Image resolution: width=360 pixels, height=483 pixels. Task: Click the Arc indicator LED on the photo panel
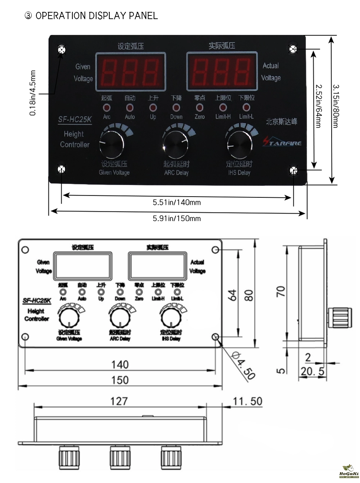coord(107,108)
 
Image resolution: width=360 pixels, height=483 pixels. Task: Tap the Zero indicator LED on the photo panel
coord(199,108)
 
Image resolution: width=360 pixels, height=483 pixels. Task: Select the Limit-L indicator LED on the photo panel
coord(246,108)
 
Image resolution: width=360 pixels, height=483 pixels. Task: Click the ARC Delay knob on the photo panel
coord(175,143)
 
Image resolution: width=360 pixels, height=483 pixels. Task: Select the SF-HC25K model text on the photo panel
coord(75,120)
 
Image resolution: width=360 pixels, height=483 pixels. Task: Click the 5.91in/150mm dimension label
coord(177,218)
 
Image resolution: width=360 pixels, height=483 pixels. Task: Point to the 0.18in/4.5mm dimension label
coord(33,93)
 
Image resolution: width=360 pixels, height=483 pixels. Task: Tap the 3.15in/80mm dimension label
coord(336,106)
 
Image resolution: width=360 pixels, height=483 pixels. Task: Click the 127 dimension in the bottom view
coord(119,401)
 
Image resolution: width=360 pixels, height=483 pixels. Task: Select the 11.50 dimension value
coord(248,401)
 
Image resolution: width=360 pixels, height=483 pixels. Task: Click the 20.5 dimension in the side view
coord(312,371)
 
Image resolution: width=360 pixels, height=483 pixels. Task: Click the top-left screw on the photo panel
coord(62,50)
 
